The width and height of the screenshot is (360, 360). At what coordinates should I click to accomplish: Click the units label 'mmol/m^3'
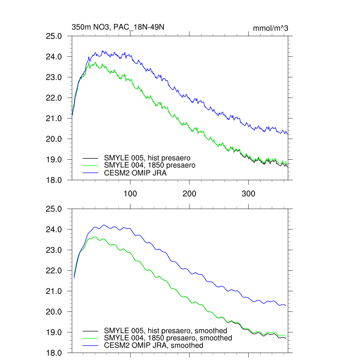270,28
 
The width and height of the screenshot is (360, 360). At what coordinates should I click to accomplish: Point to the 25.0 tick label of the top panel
54,36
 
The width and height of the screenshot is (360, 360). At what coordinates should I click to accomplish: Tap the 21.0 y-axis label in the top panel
54,118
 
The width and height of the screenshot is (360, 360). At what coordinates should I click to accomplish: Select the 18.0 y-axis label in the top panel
54,180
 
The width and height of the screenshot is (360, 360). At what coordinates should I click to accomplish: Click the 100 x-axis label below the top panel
130,194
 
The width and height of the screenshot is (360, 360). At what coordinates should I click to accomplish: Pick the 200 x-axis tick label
189,194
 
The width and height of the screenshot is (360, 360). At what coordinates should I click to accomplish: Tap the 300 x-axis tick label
249,194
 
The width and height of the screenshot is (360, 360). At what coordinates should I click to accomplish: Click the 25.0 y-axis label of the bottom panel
54,209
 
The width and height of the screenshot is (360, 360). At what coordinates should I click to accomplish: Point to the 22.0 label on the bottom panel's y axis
54,271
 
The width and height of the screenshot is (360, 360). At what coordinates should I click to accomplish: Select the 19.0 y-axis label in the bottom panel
54,333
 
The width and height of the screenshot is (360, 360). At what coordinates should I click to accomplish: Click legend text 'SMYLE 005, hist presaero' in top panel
147,157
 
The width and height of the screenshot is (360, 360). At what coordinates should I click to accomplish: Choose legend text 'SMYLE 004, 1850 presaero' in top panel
149,165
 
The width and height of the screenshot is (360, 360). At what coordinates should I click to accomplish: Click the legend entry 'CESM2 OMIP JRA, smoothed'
154,346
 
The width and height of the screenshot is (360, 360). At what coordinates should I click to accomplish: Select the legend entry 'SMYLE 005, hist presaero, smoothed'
166,331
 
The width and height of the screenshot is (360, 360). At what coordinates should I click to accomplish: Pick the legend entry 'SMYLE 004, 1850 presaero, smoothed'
168,338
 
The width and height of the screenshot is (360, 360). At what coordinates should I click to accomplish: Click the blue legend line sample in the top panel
90,173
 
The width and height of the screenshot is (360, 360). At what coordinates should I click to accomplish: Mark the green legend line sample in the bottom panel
90,338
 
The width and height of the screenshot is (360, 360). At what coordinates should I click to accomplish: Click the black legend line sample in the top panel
90,158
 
